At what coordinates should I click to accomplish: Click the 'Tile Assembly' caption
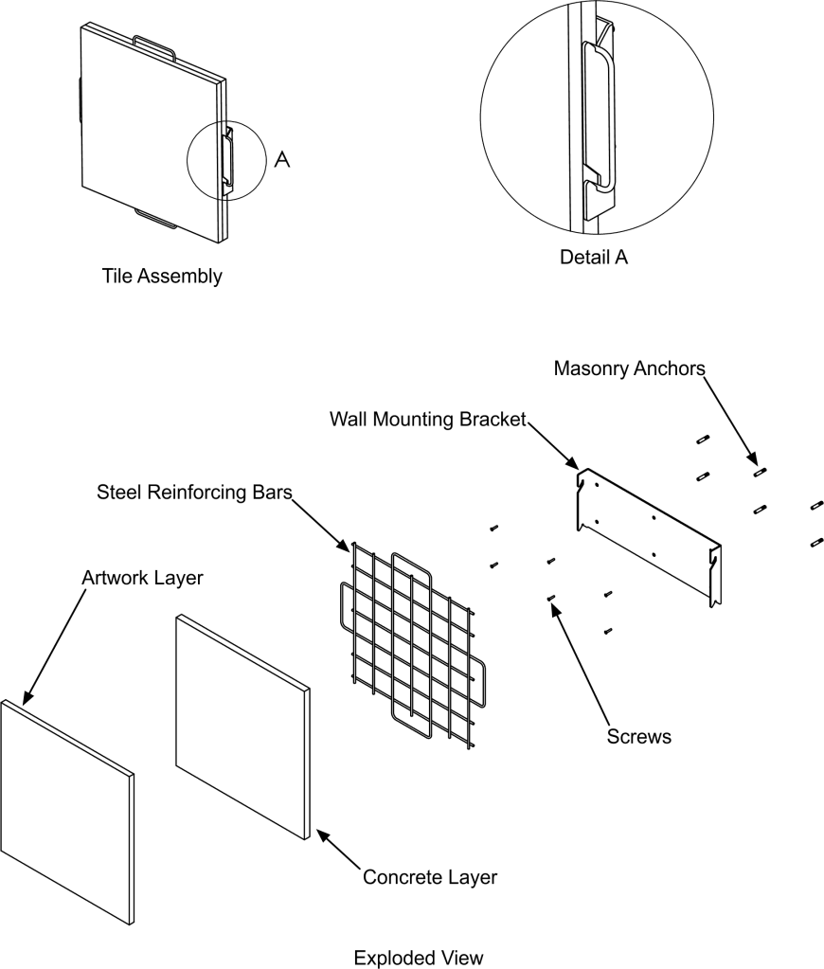click(162, 277)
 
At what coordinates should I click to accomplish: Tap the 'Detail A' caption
click(594, 257)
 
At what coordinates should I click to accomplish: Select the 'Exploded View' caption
click(418, 958)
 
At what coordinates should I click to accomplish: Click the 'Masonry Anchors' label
click(630, 368)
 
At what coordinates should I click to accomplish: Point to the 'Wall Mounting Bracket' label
click(427, 419)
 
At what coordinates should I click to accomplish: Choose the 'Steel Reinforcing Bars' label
click(193, 493)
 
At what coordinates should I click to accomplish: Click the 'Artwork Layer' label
click(142, 577)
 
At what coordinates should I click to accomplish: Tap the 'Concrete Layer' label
click(430, 877)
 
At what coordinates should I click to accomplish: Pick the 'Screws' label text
click(638, 735)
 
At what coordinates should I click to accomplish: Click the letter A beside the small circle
click(281, 160)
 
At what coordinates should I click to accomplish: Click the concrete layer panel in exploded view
click(242, 725)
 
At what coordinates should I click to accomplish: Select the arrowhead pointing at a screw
click(555, 601)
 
